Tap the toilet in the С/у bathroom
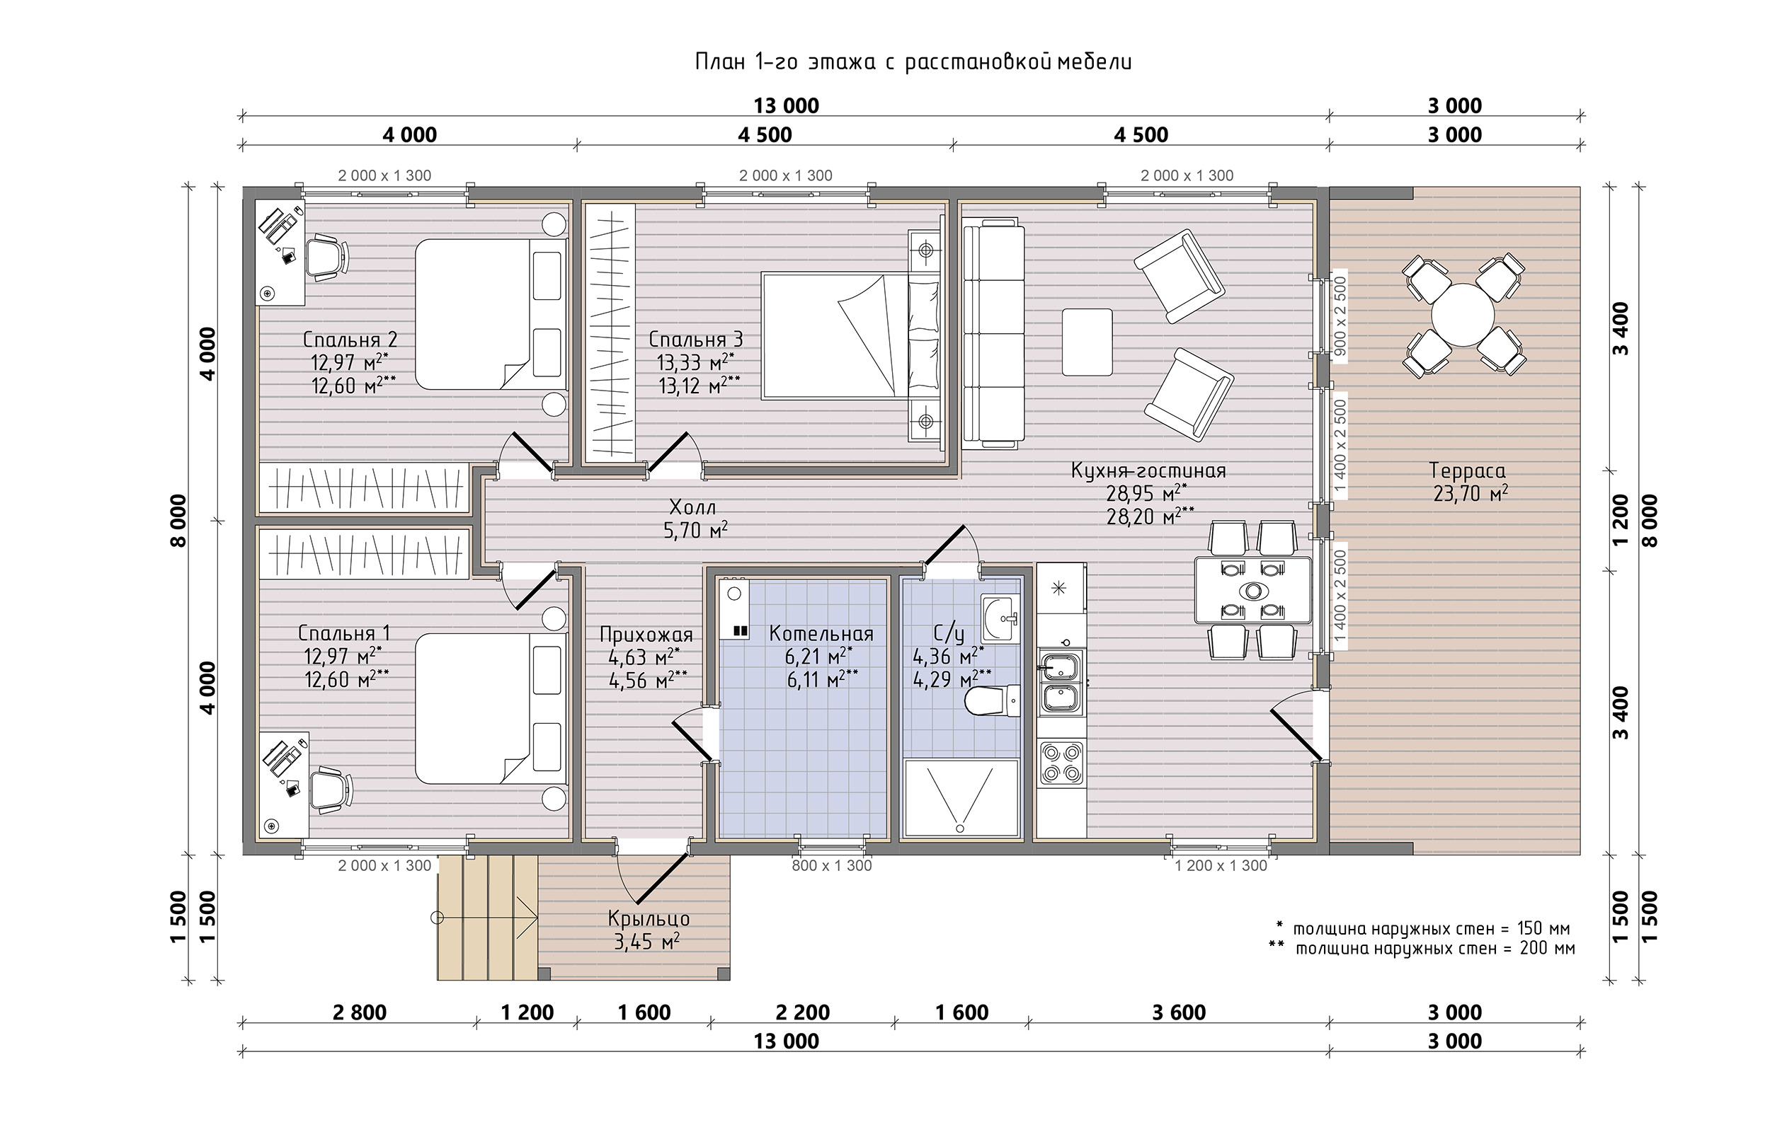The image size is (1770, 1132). pyautogui.click(x=992, y=700)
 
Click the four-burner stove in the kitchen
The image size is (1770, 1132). pyautogui.click(x=1061, y=762)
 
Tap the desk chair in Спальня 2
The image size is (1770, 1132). pyautogui.click(x=326, y=257)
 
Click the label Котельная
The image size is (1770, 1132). pyautogui.click(x=821, y=634)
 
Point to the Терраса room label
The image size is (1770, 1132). pyautogui.click(x=1467, y=470)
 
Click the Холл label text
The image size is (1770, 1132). pyautogui.click(x=692, y=507)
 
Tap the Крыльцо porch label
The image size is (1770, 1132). pyautogui.click(x=649, y=919)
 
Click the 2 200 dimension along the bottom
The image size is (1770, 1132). pyautogui.click(x=802, y=1012)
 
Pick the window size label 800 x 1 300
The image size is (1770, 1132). pyautogui.click(x=832, y=865)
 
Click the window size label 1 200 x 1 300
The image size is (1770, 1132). pyautogui.click(x=1221, y=865)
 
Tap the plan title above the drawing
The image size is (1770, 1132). pyautogui.click(x=913, y=62)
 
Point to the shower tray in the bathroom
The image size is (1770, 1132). pyautogui.click(x=960, y=798)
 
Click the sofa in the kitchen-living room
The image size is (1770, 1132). pyautogui.click(x=993, y=333)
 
